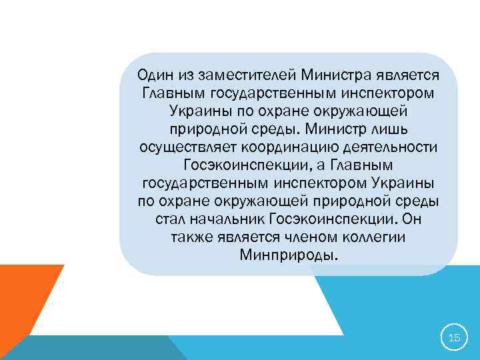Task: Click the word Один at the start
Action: pyautogui.click(x=150, y=73)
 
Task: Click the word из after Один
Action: pyautogui.click(x=185, y=73)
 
